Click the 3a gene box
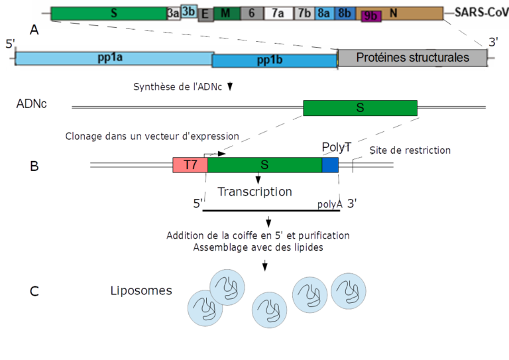pos(173,13)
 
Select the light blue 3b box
pos(188,11)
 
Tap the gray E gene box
pos(205,14)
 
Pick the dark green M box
pos(226,13)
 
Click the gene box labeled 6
pos(251,13)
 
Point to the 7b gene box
pos(304,13)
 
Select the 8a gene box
pos(324,13)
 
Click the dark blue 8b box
pos(345,13)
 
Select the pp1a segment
pos(113,58)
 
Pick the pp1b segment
pos(274,61)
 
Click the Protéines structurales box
pos(412,58)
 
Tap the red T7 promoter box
pos(190,165)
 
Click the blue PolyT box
pos(330,165)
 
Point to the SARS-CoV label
pos(481,12)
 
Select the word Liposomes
pos(141,290)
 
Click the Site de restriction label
pos(409,150)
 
